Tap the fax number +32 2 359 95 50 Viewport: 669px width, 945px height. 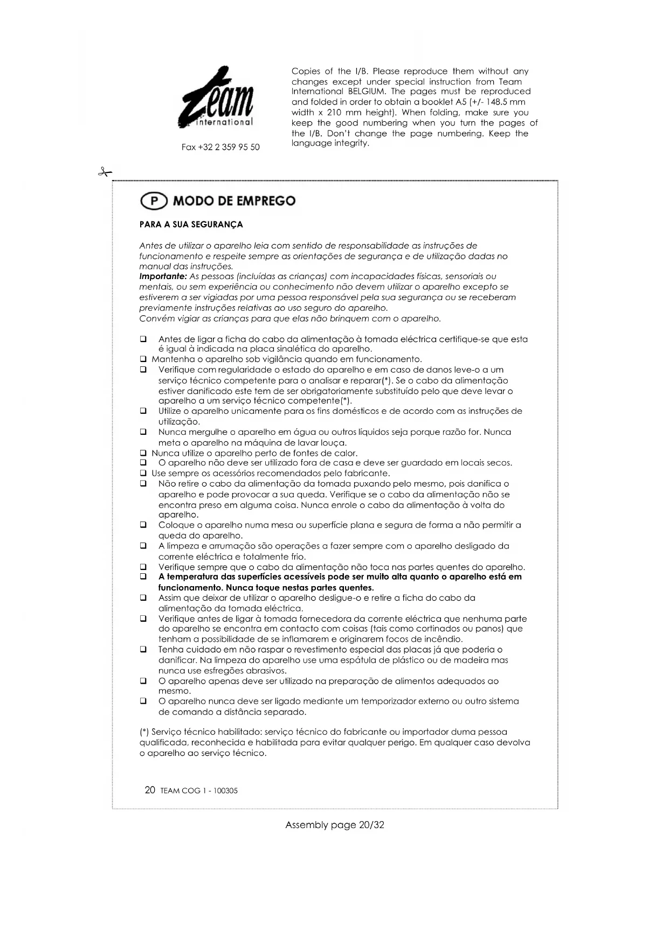tap(220, 147)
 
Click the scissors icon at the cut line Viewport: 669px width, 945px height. tap(105, 172)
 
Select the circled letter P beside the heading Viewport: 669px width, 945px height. tap(154, 201)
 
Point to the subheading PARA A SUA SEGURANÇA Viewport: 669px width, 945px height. tap(191, 225)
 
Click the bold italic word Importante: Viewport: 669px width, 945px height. tap(163, 276)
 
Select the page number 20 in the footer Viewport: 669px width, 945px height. tap(150, 790)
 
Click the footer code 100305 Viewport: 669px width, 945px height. tap(225, 791)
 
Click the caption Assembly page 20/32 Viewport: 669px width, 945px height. tap(334, 825)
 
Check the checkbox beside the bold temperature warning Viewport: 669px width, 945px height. tap(143, 577)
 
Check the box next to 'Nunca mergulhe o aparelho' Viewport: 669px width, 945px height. tap(143, 432)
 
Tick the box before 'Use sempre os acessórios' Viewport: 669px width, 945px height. tap(143, 474)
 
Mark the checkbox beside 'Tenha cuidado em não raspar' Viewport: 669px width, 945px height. tap(143, 650)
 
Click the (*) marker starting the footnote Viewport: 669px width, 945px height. tap(144, 732)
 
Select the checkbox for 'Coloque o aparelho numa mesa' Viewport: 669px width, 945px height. tap(143, 525)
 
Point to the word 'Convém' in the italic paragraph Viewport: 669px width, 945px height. tap(155, 318)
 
